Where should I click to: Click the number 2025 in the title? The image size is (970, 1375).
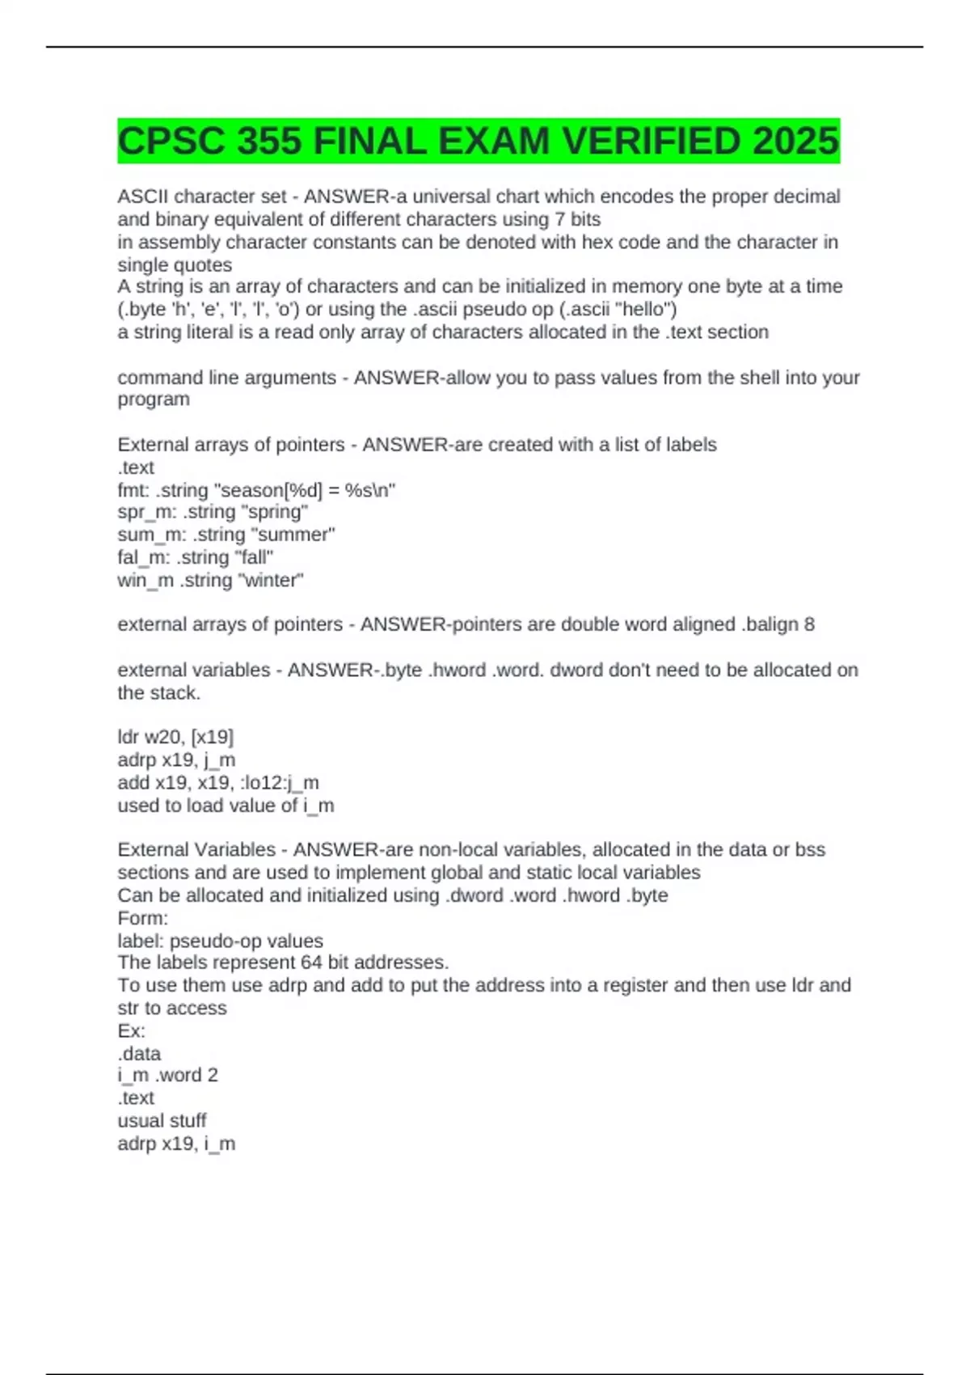click(x=795, y=142)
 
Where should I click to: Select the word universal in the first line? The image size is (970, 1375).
click(x=453, y=197)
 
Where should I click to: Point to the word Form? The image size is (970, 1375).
click(x=142, y=918)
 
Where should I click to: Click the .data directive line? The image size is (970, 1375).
click(x=139, y=1054)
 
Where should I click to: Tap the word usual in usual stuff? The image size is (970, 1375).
click(x=139, y=1121)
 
